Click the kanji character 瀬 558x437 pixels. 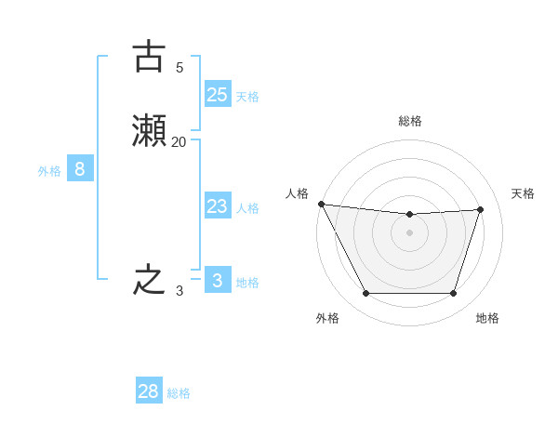[x=149, y=131]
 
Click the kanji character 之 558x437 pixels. [x=149, y=281]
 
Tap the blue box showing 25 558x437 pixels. [x=217, y=94]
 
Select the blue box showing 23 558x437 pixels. [x=217, y=206]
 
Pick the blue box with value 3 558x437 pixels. [x=217, y=281]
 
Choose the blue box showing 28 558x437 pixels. [x=149, y=391]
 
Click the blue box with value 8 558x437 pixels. [x=80, y=169]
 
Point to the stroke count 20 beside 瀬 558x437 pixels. [x=179, y=141]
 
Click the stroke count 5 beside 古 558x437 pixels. [x=179, y=67]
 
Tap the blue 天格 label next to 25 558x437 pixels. [x=247, y=97]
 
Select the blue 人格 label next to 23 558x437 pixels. [x=247, y=208]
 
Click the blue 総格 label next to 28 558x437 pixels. [x=179, y=393]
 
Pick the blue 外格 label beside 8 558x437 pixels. [x=49, y=171]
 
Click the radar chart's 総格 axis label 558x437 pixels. [x=410, y=121]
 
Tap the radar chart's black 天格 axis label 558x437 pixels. [x=524, y=193]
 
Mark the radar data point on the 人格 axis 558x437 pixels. [x=321, y=204]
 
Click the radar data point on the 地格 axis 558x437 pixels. [x=454, y=294]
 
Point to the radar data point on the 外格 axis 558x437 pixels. [x=365, y=294]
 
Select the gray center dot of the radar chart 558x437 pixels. [x=410, y=232]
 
